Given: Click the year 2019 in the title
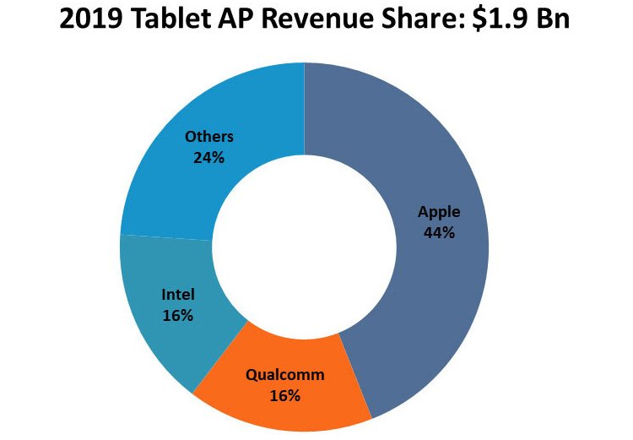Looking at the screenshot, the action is coord(90,19).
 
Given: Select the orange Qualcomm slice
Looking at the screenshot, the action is coord(283,383).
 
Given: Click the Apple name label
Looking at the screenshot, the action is coord(439,212).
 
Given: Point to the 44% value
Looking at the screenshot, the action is coord(439,233).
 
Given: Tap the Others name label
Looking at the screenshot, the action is coord(209,137).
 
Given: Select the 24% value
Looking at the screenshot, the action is coord(208,158).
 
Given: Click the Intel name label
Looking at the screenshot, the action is coord(178,295).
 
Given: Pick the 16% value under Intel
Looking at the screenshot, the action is coord(177,316).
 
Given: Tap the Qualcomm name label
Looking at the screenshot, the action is coord(285,375).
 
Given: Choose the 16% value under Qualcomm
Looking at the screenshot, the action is coord(284,395).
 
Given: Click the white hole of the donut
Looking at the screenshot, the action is coord(305,247).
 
